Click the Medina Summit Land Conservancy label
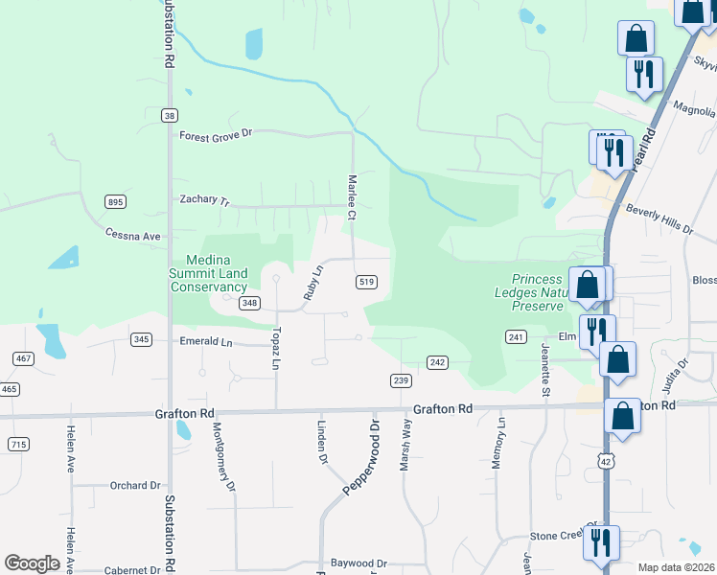tap(217, 273)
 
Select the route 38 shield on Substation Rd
tap(170, 115)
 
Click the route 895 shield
tap(116, 201)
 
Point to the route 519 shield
tap(365, 282)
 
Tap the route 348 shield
tap(250, 303)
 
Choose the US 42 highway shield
tap(605, 461)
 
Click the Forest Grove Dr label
tap(215, 135)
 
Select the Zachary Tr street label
tap(205, 201)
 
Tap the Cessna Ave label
tap(133, 236)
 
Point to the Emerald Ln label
tap(206, 341)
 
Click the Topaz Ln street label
tap(275, 352)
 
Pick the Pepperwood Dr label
tap(361, 457)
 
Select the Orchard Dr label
tap(134, 486)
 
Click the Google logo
tap(32, 563)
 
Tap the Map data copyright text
tap(676, 567)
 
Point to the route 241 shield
tap(517, 336)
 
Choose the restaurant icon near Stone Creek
tap(601, 542)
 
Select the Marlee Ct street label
tap(352, 197)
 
